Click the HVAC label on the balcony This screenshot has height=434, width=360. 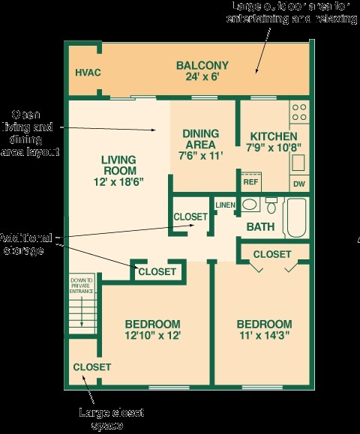click(x=88, y=73)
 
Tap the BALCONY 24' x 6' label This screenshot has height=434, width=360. click(x=202, y=70)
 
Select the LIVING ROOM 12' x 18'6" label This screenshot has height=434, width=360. click(x=118, y=170)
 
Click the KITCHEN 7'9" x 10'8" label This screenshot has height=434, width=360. click(x=274, y=142)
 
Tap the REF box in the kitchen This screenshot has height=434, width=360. click(x=250, y=181)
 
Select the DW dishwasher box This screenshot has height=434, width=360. click(x=298, y=183)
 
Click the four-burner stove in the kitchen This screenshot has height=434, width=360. click(x=298, y=112)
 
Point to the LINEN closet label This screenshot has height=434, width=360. click(x=225, y=205)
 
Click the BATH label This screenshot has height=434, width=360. click(x=260, y=226)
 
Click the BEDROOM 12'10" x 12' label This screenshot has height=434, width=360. click(x=152, y=331)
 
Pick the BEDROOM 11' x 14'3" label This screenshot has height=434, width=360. click(x=264, y=330)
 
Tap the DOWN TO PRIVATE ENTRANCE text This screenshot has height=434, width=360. click(x=82, y=285)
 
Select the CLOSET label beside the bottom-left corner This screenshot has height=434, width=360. click(x=91, y=367)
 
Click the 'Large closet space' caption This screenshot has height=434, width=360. click(x=111, y=418)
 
